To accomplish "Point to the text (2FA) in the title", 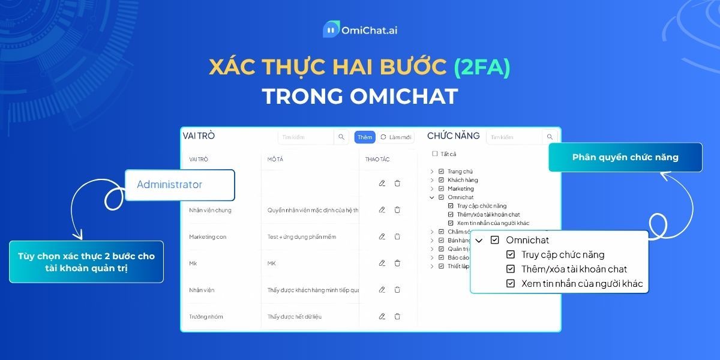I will (x=482, y=67).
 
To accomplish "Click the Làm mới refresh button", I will (x=395, y=137).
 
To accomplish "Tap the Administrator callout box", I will (x=179, y=185).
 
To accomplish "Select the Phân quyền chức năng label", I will (x=625, y=157).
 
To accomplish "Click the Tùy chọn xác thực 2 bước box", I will (x=86, y=262).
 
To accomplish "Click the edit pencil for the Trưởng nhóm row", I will (x=382, y=316).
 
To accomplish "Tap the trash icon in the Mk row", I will (x=397, y=263).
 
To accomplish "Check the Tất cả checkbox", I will (x=435, y=154).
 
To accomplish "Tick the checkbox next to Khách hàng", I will (x=442, y=180).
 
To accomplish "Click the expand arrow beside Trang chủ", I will (x=432, y=172).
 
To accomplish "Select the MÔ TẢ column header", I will (x=276, y=159).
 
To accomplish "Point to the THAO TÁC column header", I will (x=377, y=159).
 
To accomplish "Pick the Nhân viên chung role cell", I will (x=210, y=210).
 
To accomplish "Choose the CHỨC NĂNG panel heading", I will (x=453, y=136).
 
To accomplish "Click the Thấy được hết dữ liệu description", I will (x=295, y=316).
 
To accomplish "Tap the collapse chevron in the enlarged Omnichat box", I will (x=479, y=240).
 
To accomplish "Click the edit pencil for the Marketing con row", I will (x=382, y=236).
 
